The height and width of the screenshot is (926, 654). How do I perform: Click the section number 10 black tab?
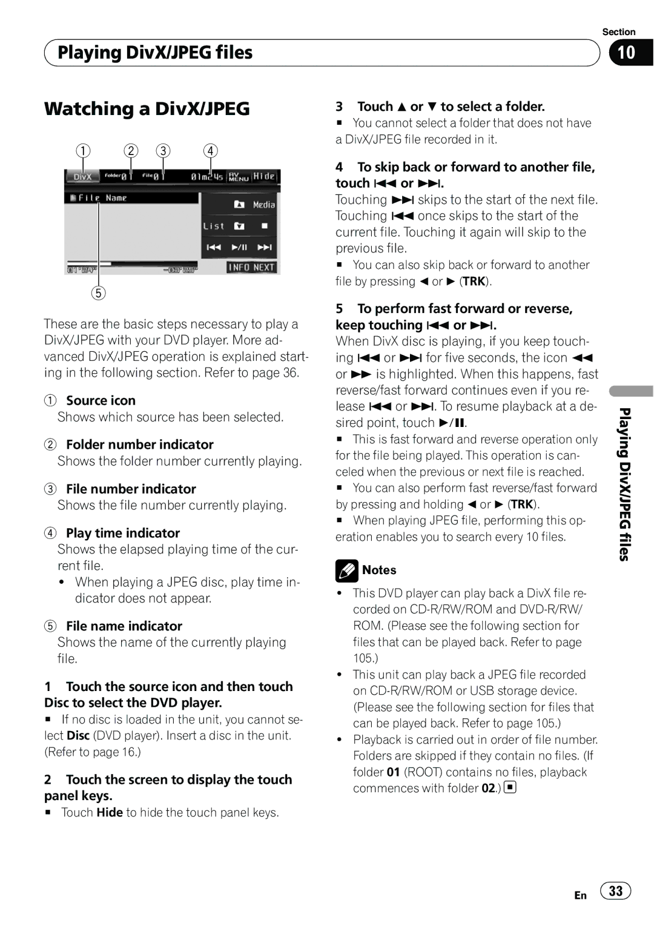point(630,53)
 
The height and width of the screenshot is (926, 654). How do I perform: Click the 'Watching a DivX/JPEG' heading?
point(147,109)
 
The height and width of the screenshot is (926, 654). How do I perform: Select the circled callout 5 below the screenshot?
point(98,293)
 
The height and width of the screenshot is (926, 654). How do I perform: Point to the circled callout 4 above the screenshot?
point(210,150)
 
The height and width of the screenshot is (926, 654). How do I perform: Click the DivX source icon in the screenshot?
point(82,176)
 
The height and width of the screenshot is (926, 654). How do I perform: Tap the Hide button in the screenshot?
point(264,176)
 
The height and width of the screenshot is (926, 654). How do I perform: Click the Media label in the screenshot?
point(264,205)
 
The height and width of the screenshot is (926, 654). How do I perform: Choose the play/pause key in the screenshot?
point(239,247)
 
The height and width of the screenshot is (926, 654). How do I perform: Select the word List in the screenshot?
point(213,226)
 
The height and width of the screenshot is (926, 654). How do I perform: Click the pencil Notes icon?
point(347,570)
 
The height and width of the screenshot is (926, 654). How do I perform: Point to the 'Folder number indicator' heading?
point(140,445)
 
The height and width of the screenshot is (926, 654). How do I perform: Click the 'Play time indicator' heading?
point(123,533)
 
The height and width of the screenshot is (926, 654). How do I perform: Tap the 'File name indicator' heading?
point(124,626)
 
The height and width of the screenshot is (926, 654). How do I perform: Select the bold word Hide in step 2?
point(110,812)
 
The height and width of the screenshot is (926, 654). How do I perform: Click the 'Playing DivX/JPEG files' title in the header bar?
point(155,53)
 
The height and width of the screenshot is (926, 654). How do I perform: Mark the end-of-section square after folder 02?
point(510,788)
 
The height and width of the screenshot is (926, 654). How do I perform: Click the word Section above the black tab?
point(618,32)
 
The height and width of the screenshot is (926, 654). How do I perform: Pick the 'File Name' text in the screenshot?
point(102,198)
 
